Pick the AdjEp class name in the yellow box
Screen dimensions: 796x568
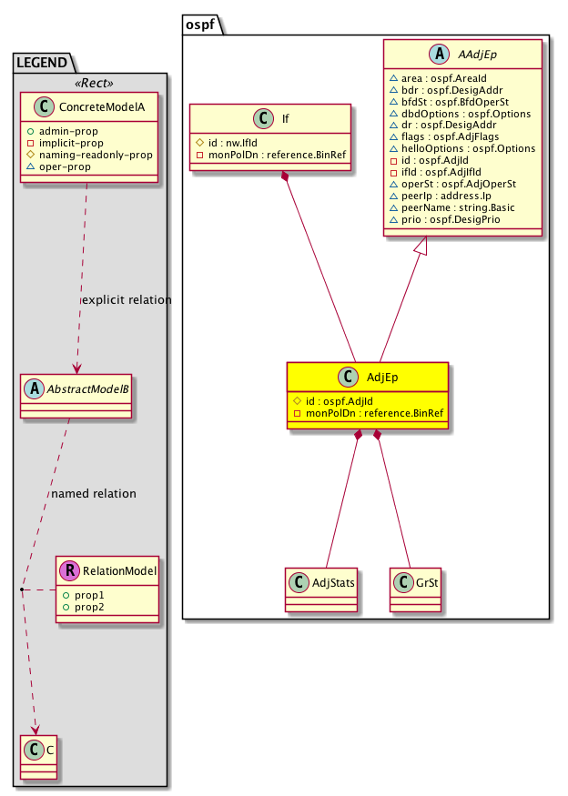(x=380, y=377)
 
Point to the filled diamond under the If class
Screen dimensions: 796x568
(x=286, y=176)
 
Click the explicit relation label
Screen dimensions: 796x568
(x=126, y=300)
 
